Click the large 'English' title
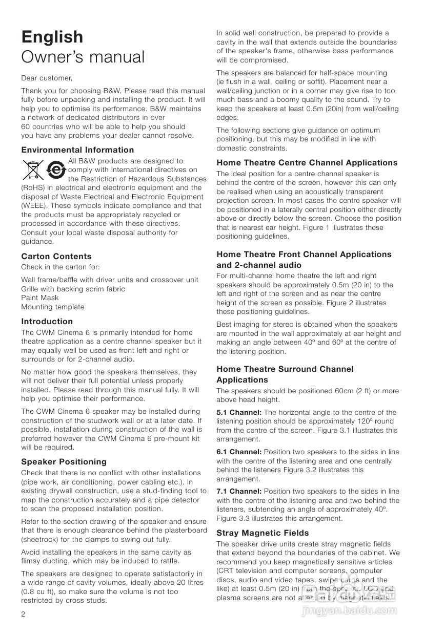click(x=52, y=37)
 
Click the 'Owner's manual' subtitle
click(x=83, y=57)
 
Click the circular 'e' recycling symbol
click(x=56, y=170)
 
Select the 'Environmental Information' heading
click(x=77, y=150)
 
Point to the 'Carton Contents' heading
click(x=56, y=257)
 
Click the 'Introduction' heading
click(x=47, y=322)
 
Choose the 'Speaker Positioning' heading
click(x=64, y=462)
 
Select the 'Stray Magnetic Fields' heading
click(x=263, y=533)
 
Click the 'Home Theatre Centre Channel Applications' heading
click(x=307, y=163)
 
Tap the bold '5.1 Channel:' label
click(x=239, y=413)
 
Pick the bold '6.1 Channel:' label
click(x=239, y=452)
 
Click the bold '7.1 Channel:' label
click(x=239, y=492)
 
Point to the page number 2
click(x=24, y=613)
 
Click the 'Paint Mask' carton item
click(x=40, y=298)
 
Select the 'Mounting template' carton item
click(x=53, y=307)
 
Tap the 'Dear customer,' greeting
click(x=47, y=78)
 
